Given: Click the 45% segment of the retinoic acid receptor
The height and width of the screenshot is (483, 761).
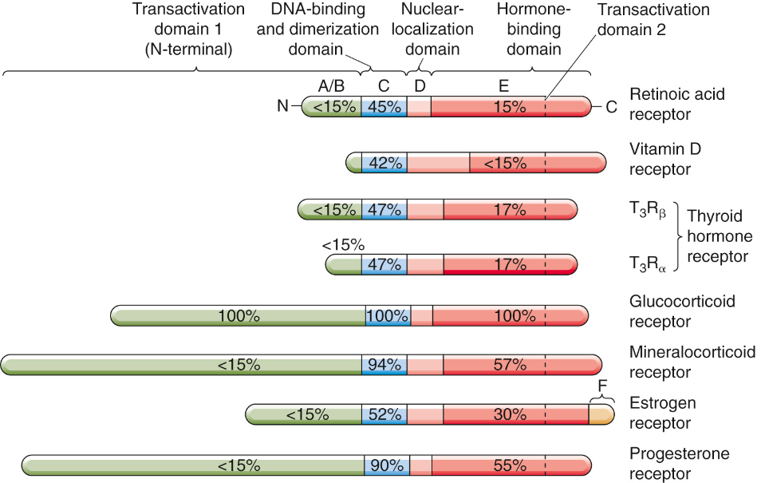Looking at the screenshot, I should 384,106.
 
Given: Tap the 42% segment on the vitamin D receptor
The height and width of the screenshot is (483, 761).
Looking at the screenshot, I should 384,163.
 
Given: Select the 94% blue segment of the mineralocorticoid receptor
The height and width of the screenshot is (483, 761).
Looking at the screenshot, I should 384,365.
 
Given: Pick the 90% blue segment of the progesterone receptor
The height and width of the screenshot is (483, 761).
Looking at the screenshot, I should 386,465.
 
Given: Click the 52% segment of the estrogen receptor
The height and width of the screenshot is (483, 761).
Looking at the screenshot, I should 384,414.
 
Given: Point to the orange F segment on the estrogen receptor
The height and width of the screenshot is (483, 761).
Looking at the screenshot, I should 601,414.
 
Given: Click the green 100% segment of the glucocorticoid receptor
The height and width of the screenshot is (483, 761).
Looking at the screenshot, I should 239,315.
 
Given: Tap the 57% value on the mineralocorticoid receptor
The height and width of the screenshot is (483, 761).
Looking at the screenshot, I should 510,365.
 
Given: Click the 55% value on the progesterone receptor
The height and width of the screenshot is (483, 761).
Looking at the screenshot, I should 510,465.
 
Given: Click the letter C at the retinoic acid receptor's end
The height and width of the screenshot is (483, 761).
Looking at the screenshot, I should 611,107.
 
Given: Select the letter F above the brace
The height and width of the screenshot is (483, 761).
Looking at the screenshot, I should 602,386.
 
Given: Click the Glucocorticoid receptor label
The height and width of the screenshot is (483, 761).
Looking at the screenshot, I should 682,311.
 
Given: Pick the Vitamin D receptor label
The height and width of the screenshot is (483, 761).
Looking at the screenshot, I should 665,159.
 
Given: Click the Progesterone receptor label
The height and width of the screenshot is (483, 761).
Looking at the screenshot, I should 679,464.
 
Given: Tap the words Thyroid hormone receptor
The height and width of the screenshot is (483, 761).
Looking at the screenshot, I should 720,236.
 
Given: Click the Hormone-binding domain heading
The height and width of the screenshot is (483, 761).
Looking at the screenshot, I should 528,30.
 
